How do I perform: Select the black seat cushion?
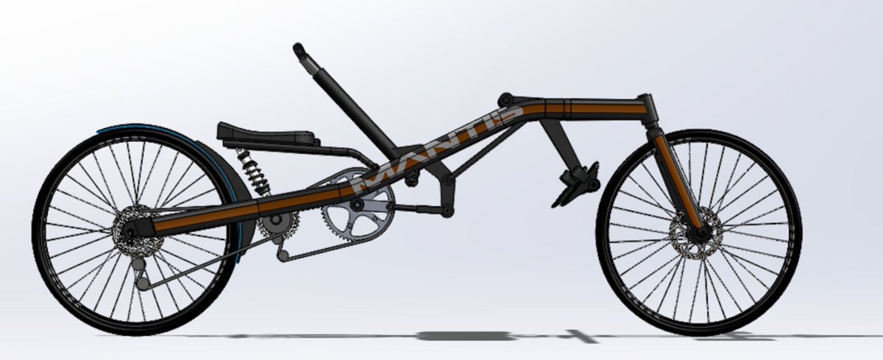[x=268, y=134]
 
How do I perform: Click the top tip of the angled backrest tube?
[x=298, y=48]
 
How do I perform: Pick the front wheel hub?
[x=701, y=233]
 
